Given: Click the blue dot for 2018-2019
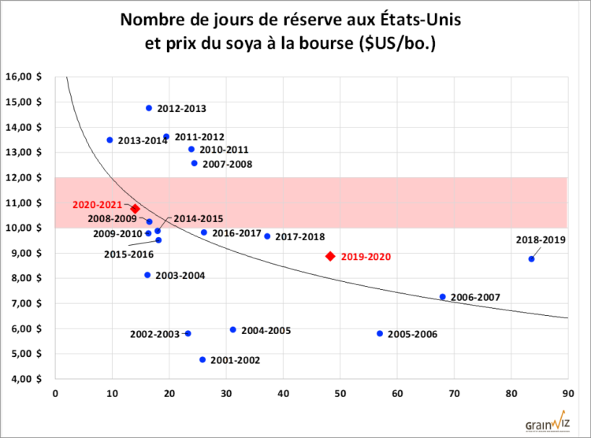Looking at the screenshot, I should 532,259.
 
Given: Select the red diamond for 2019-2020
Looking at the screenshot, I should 330,256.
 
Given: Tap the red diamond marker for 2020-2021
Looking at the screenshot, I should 135,209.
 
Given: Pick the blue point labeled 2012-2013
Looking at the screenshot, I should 149,108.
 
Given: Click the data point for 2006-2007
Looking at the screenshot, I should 443,297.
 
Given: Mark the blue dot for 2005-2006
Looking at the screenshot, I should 380,333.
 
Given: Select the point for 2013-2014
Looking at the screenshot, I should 110,140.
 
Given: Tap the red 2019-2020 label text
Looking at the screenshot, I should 366,257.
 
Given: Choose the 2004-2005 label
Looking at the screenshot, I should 266,330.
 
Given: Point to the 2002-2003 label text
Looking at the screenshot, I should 155,334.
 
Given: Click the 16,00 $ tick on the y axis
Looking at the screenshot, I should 25,77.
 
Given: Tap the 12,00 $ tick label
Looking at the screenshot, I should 25,178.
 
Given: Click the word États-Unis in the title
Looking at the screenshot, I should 418,20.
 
